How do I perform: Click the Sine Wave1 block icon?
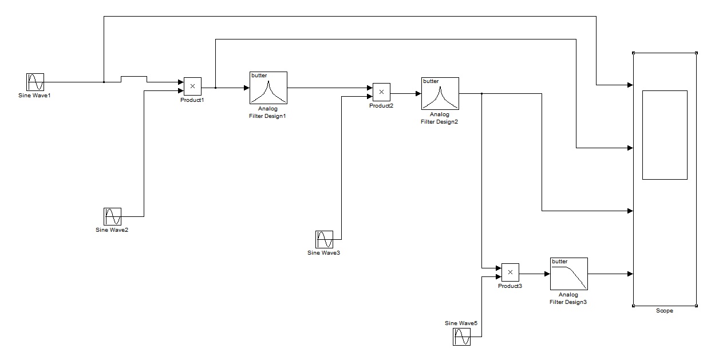click(x=35, y=82)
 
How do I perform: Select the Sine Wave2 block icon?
click(x=113, y=216)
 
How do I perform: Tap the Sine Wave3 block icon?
click(x=324, y=239)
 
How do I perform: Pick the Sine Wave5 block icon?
click(x=462, y=337)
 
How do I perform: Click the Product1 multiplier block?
click(x=192, y=86)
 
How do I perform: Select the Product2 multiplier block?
click(x=381, y=92)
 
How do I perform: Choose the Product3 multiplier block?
click(x=510, y=272)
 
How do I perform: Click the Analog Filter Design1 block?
click(x=268, y=88)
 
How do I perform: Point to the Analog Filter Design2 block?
click(x=440, y=93)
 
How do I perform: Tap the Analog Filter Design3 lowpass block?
click(x=569, y=274)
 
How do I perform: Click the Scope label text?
click(x=665, y=311)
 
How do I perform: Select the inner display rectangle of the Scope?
click(x=665, y=134)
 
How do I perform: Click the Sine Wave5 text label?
click(x=461, y=323)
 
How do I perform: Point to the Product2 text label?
click(x=381, y=106)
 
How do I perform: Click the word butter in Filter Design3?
click(x=559, y=262)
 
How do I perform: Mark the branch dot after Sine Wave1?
click(x=104, y=82)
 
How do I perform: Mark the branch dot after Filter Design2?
click(x=482, y=93)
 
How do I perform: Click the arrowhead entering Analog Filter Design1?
click(x=247, y=88)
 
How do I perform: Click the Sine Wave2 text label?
click(x=112, y=230)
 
